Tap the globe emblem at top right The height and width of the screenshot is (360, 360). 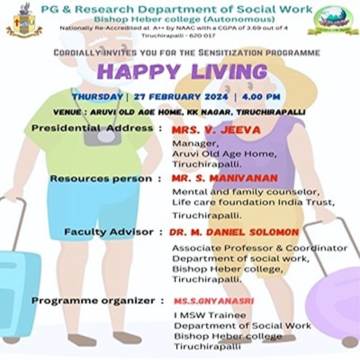(333, 20)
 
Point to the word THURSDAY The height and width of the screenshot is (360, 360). (97, 96)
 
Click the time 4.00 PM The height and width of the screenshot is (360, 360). (261, 96)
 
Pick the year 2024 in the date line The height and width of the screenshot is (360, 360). (214, 96)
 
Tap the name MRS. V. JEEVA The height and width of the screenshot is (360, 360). (216, 130)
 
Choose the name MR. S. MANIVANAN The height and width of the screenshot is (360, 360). (225, 178)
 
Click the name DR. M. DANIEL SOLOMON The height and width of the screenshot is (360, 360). (234, 232)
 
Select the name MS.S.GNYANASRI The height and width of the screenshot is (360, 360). (214, 301)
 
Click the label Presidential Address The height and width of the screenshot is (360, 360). (92, 128)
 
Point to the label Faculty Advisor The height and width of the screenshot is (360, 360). (109, 232)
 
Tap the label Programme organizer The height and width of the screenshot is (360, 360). (93, 301)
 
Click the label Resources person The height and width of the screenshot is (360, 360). (101, 178)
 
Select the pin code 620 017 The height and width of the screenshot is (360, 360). (202, 35)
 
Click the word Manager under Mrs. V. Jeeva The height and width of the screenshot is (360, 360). (195, 143)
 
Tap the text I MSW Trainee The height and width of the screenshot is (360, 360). (210, 315)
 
